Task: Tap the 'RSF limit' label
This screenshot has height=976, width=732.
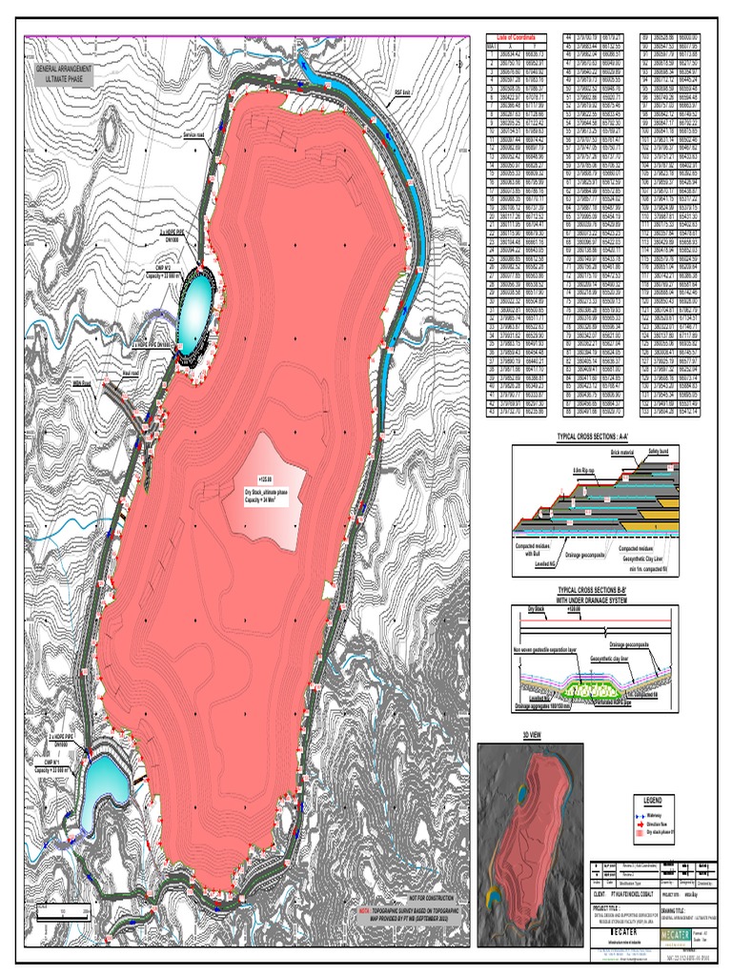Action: pyautogui.click(x=403, y=94)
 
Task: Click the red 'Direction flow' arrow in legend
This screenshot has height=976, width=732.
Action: pyautogui.click(x=626, y=822)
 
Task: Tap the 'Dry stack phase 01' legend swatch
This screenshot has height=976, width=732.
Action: pyautogui.click(x=626, y=831)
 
